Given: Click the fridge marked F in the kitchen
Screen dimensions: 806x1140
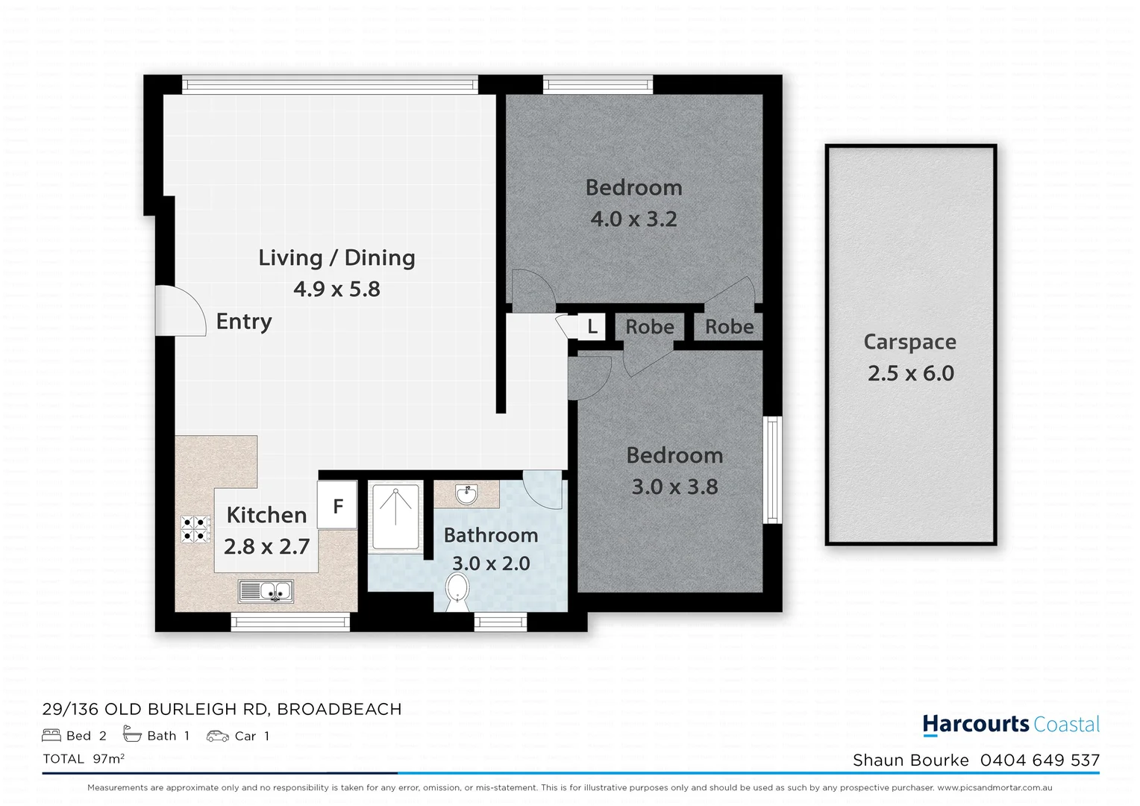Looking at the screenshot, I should [337, 506].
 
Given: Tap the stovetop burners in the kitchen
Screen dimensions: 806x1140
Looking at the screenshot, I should [195, 528].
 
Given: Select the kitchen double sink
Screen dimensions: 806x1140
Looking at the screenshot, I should [266, 591].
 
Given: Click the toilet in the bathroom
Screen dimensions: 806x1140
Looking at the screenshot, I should [456, 593].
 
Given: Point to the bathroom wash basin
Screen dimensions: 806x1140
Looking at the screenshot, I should [467, 494].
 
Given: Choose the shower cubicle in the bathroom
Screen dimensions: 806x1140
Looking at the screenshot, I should [395, 516].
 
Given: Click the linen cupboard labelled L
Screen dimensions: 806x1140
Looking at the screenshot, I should [592, 326].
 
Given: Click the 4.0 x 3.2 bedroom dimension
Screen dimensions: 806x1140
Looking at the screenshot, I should [633, 219].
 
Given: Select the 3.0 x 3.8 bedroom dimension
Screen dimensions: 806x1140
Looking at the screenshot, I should [674, 487].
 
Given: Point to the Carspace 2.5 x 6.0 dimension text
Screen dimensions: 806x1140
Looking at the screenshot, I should [910, 373].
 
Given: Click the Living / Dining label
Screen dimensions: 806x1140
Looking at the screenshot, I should [336, 257].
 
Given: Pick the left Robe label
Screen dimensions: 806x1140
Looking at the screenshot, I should [649, 327].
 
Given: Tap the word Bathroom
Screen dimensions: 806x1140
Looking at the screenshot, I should [490, 535].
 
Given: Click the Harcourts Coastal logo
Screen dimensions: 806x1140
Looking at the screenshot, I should [1011, 724].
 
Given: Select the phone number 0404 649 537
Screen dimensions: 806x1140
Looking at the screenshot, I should [1039, 760].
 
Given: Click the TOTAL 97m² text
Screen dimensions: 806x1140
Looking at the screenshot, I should [84, 759].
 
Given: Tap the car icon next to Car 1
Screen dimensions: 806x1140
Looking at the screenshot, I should [217, 736].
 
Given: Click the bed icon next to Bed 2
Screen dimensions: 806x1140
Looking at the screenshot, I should [51, 736].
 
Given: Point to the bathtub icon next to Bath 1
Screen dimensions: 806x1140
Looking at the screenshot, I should [132, 735].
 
